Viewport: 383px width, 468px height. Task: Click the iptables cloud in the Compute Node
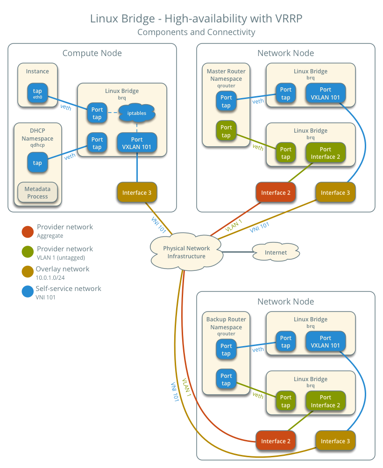coord(136,113)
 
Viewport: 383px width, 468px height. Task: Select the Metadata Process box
coord(37,192)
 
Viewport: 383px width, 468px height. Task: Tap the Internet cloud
coord(276,252)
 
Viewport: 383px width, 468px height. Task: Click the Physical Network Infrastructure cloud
coord(186,252)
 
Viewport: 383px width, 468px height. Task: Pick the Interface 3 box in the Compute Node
coord(136,192)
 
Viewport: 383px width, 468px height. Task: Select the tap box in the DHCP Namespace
coord(37,163)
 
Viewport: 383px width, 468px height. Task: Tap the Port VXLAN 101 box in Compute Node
coord(136,143)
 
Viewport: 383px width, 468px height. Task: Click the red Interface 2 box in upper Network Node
coord(276,192)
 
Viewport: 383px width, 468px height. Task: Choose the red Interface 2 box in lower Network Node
coord(276,441)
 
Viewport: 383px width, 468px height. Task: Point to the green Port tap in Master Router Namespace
coord(226,131)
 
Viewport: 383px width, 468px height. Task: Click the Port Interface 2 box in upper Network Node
coord(326,153)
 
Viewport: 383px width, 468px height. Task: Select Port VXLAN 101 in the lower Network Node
coord(326,341)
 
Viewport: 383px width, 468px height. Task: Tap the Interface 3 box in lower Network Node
coord(335,441)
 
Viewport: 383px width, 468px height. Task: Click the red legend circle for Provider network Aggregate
coord(28,231)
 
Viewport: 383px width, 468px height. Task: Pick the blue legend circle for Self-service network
coord(28,292)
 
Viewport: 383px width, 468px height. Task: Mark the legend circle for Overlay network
coord(28,271)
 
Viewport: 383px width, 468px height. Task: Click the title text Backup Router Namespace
coord(226,323)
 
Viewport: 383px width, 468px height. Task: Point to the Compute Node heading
coord(92,53)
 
